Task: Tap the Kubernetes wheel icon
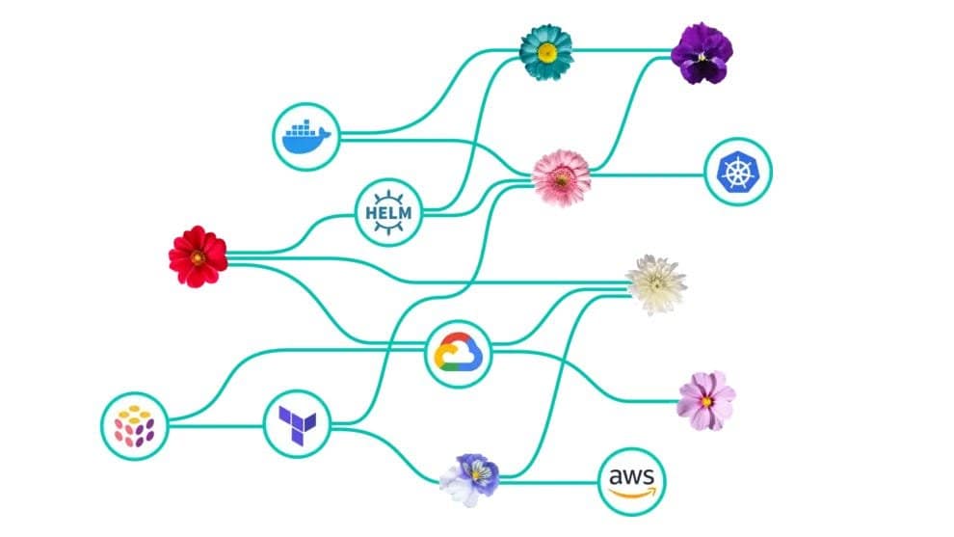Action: (x=738, y=173)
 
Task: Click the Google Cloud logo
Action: (x=459, y=351)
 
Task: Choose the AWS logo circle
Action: (x=632, y=480)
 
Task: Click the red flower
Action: (x=198, y=255)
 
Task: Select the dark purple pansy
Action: (x=702, y=53)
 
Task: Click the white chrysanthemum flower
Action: (x=655, y=283)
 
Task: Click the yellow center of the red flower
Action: (x=197, y=256)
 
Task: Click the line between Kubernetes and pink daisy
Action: (x=650, y=175)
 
